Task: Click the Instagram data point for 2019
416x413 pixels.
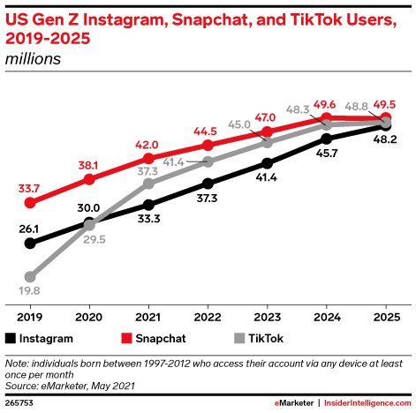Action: coord(31,243)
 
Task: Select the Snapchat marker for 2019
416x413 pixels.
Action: coord(31,202)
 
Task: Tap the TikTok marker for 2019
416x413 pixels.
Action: coord(31,276)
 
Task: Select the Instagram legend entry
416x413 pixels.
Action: coord(40,337)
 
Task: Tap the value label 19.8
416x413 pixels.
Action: coord(31,292)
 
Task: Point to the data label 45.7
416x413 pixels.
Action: coord(327,154)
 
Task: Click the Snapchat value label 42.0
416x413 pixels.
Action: coord(147,145)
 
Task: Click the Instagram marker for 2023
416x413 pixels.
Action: coord(268,162)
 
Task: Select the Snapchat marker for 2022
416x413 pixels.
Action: coord(208,145)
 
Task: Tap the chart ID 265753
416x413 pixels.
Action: coord(21,402)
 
